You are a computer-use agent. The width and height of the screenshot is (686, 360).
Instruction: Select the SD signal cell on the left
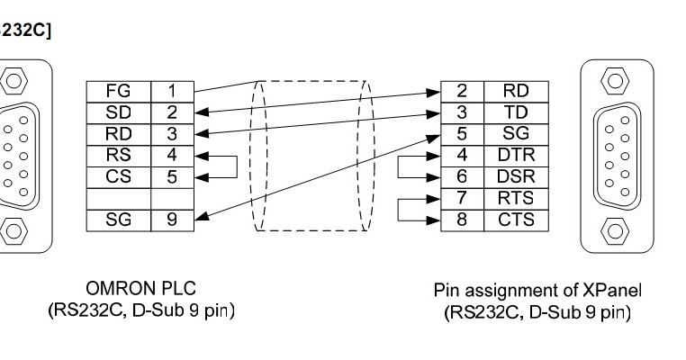(x=118, y=112)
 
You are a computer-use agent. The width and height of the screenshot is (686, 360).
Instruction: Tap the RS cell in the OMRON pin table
(x=118, y=154)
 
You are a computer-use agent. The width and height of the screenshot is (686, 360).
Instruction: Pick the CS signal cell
(x=118, y=175)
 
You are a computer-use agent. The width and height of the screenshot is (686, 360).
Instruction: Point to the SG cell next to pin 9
(x=118, y=218)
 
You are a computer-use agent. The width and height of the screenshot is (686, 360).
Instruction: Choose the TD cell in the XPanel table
(x=509, y=112)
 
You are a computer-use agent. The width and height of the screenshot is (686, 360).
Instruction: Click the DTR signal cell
(x=509, y=154)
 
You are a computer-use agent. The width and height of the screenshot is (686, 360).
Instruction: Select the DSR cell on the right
(x=509, y=175)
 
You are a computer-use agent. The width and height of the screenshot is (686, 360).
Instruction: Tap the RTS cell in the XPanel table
(x=509, y=196)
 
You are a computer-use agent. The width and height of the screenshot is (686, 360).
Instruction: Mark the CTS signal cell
(x=509, y=218)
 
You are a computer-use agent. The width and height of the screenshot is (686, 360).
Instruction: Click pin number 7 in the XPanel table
(x=461, y=196)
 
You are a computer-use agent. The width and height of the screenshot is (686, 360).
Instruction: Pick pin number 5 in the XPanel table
(x=461, y=133)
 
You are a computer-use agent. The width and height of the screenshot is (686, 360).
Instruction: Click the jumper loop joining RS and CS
(x=234, y=165)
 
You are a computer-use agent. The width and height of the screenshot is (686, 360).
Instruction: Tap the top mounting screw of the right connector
(x=613, y=80)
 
